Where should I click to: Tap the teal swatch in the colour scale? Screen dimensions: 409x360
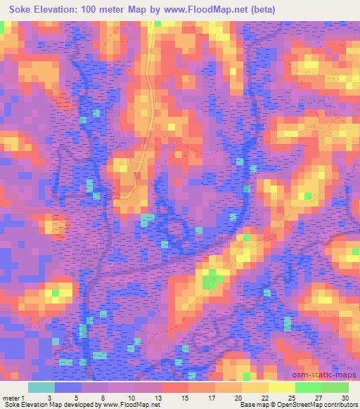coord(41,387)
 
